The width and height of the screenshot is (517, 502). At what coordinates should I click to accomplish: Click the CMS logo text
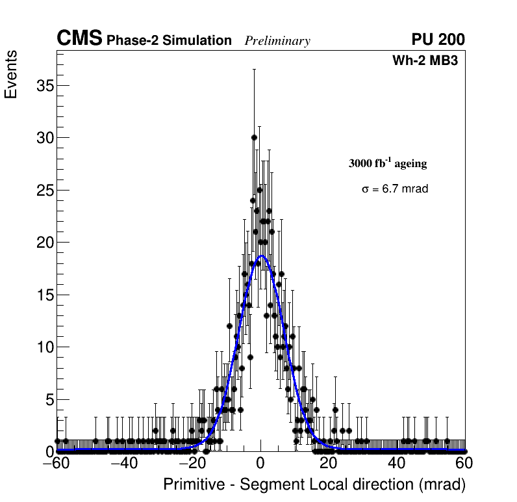point(79,39)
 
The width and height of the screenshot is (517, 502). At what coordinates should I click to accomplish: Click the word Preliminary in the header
point(277,41)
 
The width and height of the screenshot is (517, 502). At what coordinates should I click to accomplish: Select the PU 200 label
point(438,40)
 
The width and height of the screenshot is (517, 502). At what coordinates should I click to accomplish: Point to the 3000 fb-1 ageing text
point(388,163)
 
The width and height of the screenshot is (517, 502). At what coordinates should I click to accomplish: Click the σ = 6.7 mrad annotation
point(395,189)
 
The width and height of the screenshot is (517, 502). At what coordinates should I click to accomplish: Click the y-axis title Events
point(11,75)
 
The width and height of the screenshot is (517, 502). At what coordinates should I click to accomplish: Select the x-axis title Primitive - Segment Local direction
point(314,484)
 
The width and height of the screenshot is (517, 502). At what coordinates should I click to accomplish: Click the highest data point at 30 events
point(254,138)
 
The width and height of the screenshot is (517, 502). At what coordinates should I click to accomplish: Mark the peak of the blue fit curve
point(262,256)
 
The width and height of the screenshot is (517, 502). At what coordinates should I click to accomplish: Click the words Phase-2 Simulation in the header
point(169,41)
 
